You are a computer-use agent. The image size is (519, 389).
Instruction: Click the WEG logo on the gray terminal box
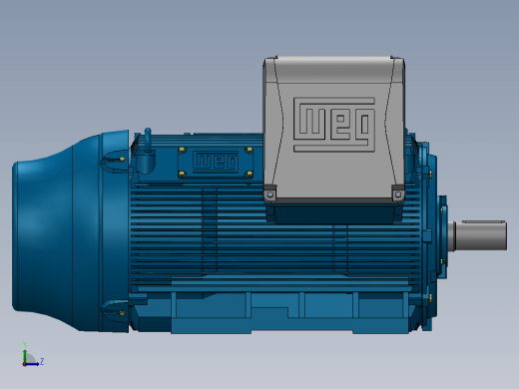334,125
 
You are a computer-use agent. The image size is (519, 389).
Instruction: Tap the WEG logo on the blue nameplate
216,162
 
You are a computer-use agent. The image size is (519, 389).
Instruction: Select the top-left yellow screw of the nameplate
182,151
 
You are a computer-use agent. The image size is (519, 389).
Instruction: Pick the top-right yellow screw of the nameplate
250,151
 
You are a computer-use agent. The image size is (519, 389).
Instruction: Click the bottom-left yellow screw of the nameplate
182,174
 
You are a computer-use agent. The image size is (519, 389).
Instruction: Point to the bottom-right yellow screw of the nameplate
250,174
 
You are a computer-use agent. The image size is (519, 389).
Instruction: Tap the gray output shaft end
481,236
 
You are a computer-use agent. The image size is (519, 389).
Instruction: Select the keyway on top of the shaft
484,221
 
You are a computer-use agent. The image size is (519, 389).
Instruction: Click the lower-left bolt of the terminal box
269,194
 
